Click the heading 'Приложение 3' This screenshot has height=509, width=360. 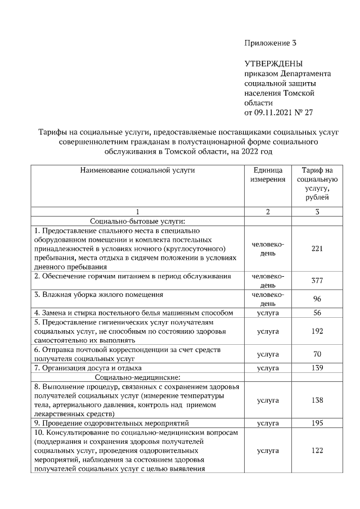point(269,43)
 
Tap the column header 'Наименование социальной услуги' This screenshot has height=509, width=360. point(137,170)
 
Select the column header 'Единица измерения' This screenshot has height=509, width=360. point(268,174)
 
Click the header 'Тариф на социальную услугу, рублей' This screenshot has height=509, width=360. point(317,183)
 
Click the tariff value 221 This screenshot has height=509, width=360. point(317,249)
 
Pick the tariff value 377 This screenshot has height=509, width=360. point(317,281)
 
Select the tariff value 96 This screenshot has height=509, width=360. point(317,299)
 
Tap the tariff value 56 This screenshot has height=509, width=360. point(317,313)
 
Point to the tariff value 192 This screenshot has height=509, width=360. point(317,331)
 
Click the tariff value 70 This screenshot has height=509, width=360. point(317,354)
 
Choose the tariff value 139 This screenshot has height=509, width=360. point(317,368)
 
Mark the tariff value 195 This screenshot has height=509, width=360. point(317,423)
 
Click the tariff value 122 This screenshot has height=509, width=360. point(317,451)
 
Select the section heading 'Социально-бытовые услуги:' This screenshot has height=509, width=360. point(137,221)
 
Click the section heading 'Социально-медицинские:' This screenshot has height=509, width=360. point(137,377)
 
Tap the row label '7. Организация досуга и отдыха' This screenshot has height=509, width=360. point(85,368)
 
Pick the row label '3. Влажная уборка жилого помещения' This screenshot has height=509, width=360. point(98,295)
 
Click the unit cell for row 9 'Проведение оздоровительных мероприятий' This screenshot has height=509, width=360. point(268,423)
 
